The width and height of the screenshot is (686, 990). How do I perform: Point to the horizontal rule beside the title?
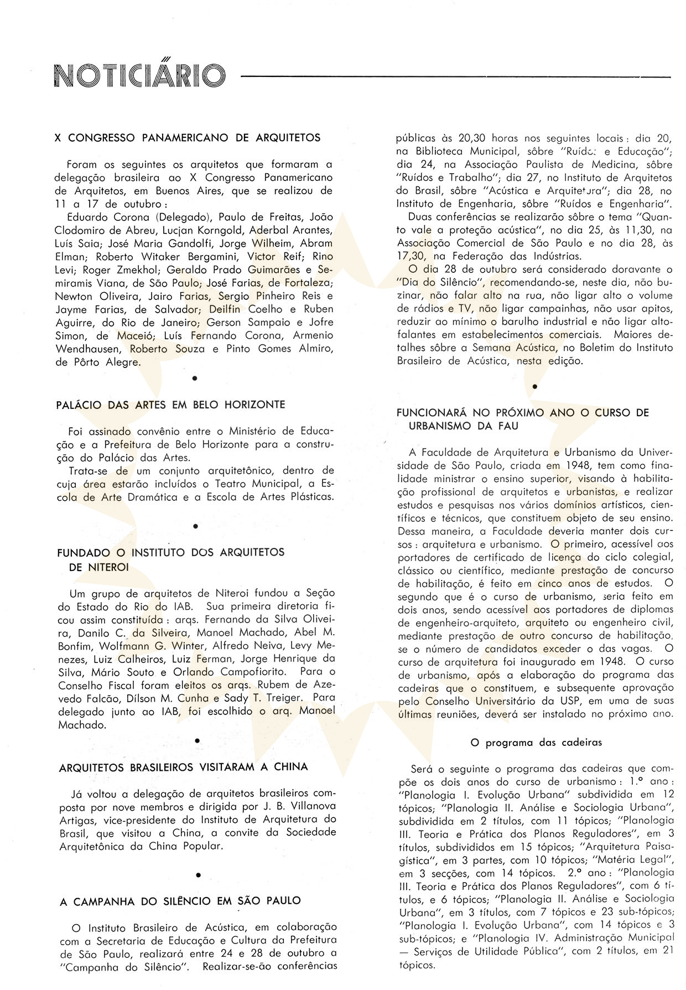pos(456,76)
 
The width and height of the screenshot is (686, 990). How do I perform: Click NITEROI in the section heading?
pos(99,567)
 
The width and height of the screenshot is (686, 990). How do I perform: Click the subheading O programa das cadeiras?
pos(536,743)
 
